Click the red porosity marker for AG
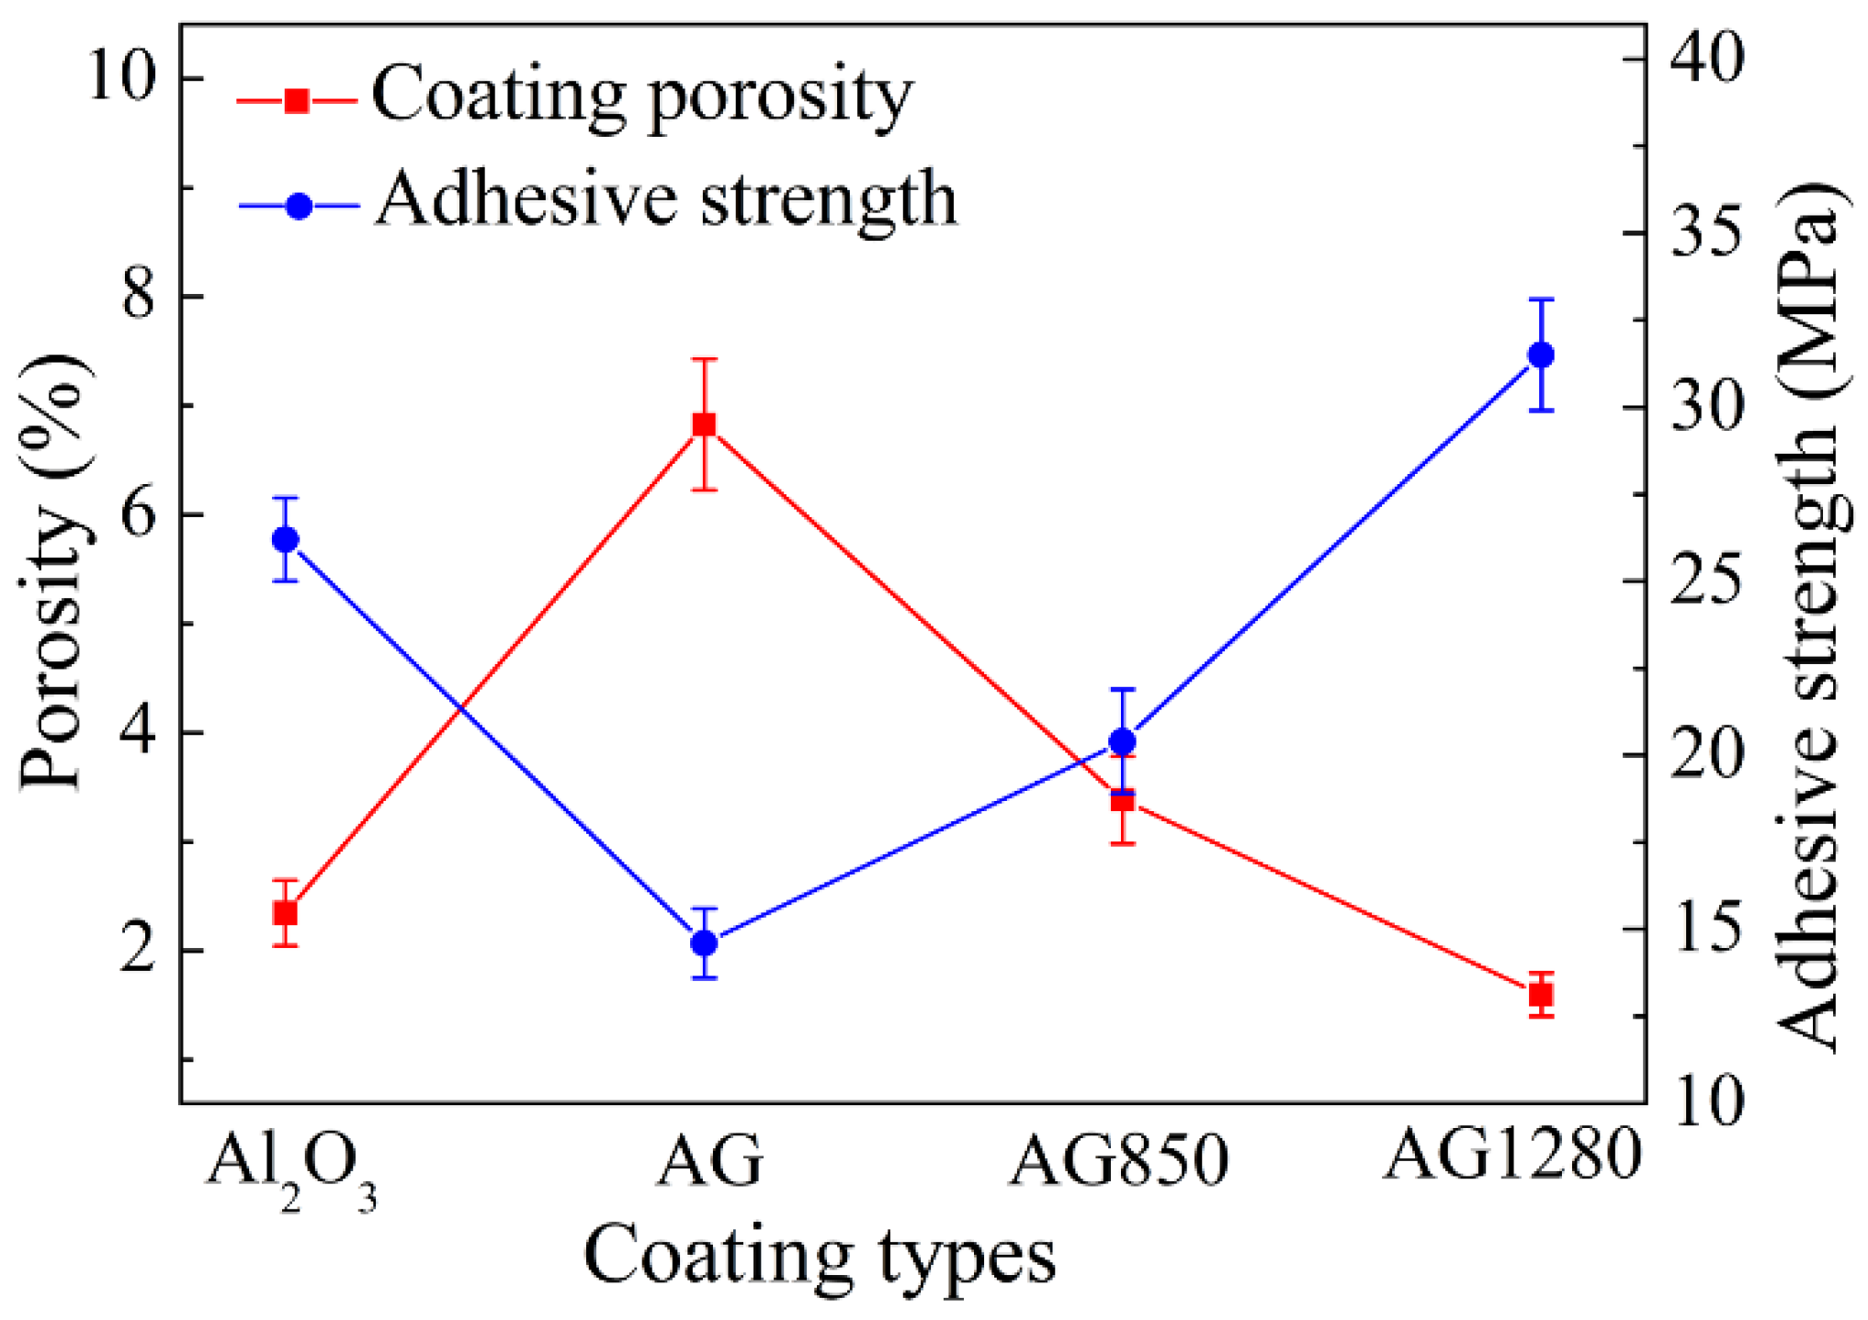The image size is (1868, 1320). coord(704,424)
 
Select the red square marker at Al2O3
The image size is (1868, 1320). coord(286,913)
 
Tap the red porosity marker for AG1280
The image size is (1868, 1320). coord(1541,995)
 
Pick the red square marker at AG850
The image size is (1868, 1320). coord(1123,800)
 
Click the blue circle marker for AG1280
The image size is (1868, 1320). coord(1541,355)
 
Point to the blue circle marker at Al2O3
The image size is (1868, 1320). coord(286,539)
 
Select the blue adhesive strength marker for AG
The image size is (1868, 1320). coord(704,942)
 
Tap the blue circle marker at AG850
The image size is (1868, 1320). coord(1123,740)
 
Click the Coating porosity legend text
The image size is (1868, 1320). coord(641,96)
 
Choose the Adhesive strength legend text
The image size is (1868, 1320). coord(666,200)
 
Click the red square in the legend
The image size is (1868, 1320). coord(297,100)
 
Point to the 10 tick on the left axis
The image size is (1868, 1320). coord(129,77)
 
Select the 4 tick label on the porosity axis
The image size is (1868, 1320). coord(138,732)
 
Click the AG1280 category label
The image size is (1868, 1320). coord(1511,1155)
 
